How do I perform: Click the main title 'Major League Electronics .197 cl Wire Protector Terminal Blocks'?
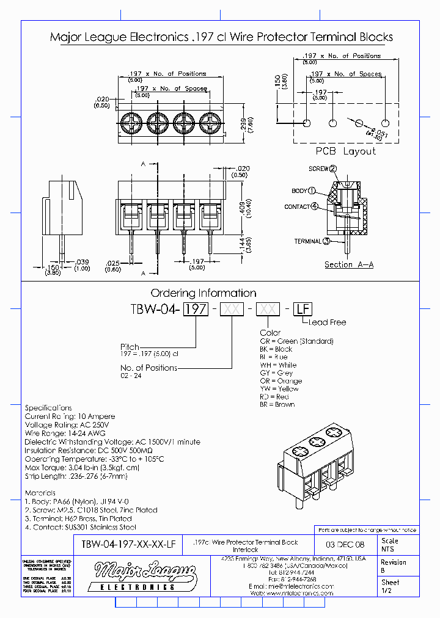tap(221, 37)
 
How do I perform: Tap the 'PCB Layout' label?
tap(345, 151)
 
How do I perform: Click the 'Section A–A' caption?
tap(349, 264)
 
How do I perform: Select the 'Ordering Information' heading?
tap(204, 293)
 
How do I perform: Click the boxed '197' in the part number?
tap(196, 309)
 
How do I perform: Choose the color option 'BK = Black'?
tap(276, 349)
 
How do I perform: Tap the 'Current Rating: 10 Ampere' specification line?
tap(70, 416)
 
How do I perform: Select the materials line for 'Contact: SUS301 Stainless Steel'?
tap(81, 527)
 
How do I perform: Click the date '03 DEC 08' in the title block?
tap(344, 545)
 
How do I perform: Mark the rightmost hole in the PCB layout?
tap(386, 123)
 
